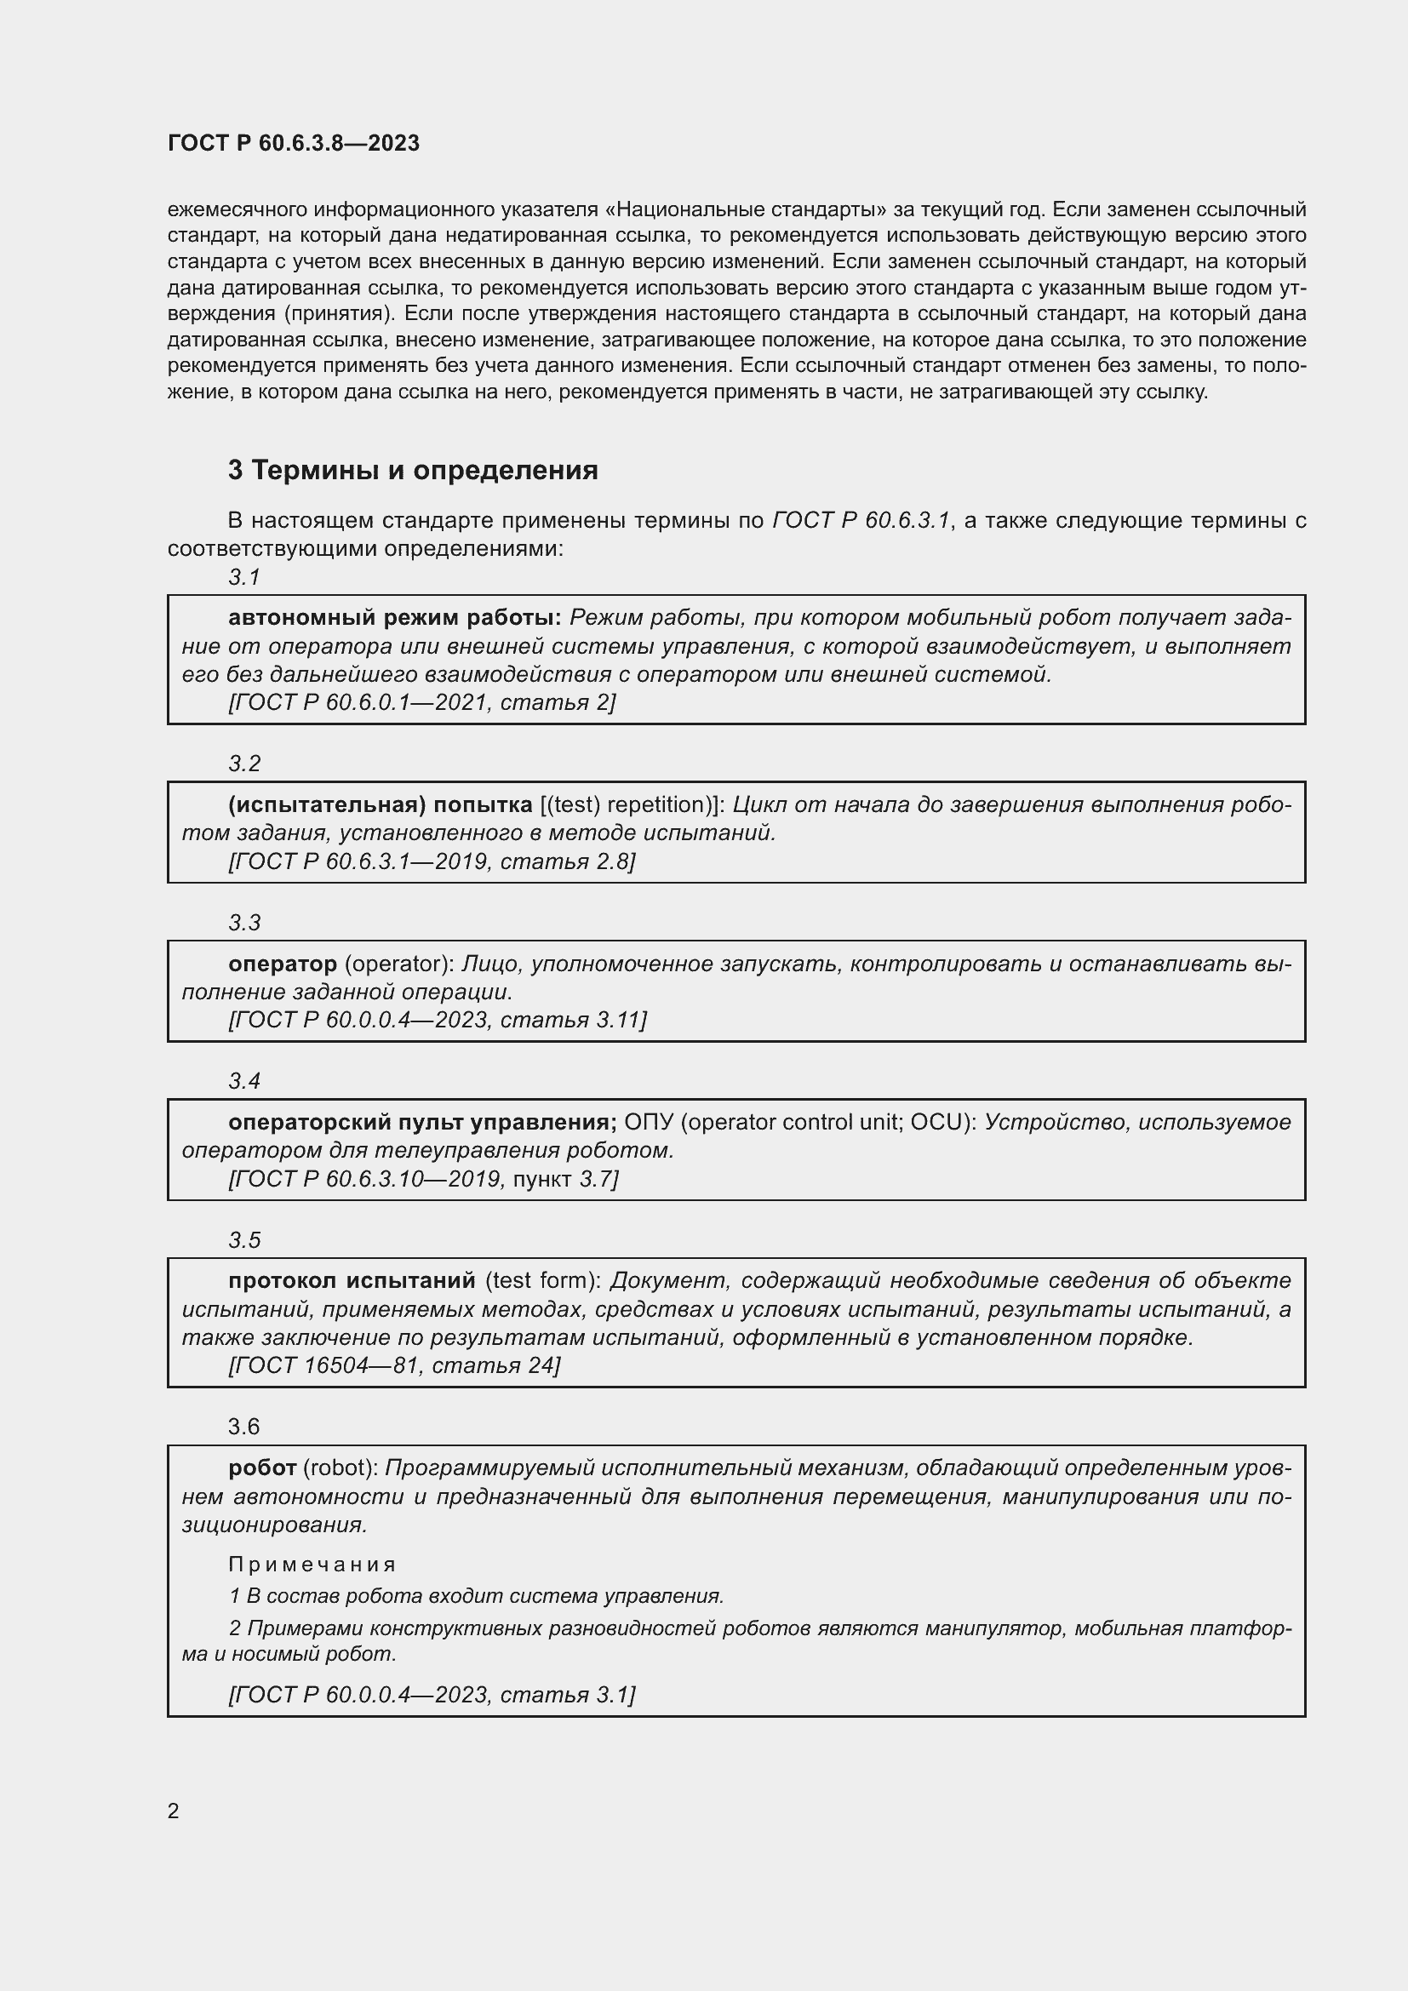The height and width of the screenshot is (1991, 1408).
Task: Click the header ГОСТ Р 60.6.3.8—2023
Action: (293, 143)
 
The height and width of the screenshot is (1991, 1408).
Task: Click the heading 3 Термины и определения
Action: (413, 470)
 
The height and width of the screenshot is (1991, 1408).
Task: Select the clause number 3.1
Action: (244, 576)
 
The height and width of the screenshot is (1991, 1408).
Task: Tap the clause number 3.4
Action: (244, 1080)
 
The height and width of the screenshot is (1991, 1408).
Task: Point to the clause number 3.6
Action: (243, 1427)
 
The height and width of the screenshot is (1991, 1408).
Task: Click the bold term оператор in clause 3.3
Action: (283, 964)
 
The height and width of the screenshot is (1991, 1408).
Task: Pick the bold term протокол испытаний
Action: (352, 1281)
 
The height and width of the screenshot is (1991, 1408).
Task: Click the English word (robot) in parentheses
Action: (340, 1468)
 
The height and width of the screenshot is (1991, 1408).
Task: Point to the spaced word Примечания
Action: (312, 1565)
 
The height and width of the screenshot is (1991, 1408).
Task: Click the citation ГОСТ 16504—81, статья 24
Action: (394, 1365)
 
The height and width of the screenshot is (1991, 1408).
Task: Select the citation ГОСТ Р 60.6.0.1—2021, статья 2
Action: (421, 702)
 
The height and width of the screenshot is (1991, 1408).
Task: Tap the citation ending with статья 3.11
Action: (438, 1020)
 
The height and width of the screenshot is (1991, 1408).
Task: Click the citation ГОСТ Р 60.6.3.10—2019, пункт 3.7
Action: (423, 1178)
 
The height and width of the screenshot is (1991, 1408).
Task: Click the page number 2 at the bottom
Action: (174, 1811)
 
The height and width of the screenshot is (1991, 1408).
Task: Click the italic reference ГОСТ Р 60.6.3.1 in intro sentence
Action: (861, 520)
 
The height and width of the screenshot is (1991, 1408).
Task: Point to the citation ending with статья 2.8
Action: (432, 861)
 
